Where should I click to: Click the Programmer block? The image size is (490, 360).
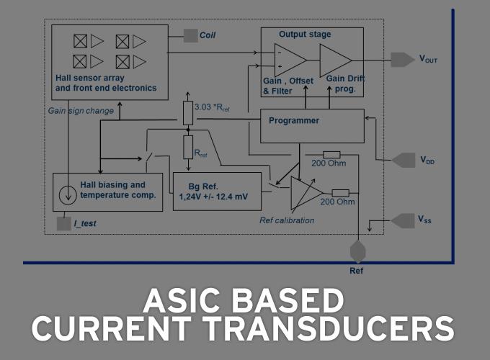(312, 126)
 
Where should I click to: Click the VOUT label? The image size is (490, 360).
(428, 59)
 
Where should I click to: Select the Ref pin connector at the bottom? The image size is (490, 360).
(357, 253)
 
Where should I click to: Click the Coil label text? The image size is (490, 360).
(208, 35)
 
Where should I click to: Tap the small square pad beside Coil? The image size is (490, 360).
(190, 35)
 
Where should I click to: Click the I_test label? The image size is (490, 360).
(84, 224)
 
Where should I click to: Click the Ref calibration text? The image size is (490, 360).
(287, 220)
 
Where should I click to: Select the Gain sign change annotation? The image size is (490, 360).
(81, 112)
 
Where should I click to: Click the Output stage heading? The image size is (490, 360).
(304, 34)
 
